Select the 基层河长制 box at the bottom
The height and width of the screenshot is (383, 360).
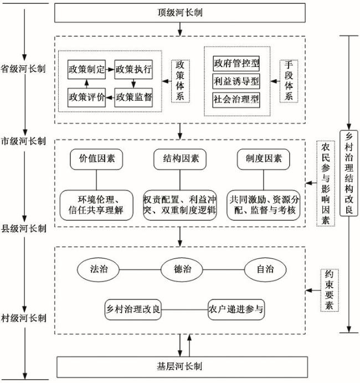coord(181,366)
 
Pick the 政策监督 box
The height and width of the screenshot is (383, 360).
coord(133,97)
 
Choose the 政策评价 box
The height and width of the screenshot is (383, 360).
coord(87,97)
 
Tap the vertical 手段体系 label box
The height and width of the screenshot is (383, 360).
coord(287,80)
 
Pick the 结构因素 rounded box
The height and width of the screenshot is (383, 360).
coord(181,159)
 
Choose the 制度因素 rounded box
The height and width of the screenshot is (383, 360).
coord(264,159)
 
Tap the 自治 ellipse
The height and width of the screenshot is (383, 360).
coord(265,270)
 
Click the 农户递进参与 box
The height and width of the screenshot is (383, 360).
coord(236,309)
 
